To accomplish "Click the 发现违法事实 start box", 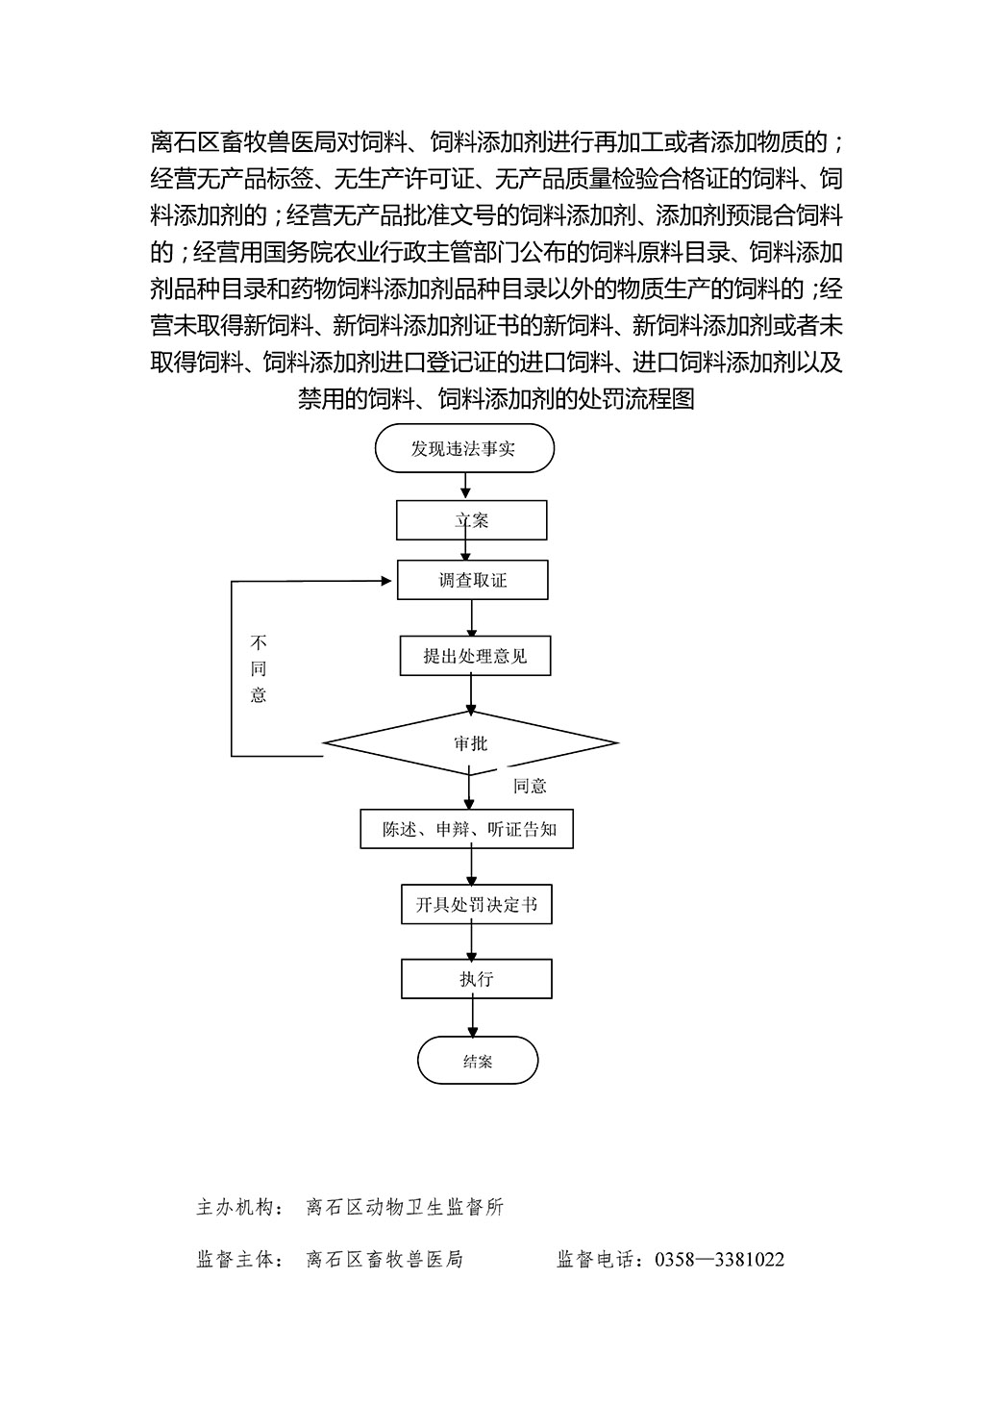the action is click(x=464, y=448).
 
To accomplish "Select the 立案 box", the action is click(x=471, y=520).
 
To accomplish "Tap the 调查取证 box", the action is click(x=472, y=580).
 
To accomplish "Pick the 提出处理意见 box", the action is click(x=475, y=656).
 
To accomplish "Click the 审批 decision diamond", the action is click(x=471, y=743).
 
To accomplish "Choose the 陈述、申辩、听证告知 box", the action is click(x=466, y=829).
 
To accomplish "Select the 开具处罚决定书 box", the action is click(x=477, y=905).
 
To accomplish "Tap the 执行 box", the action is click(x=477, y=978).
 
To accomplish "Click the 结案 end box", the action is click(x=478, y=1060).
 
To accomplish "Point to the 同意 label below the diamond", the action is click(x=530, y=786).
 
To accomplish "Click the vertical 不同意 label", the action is click(x=259, y=668).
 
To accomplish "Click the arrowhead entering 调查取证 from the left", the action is click(x=386, y=581).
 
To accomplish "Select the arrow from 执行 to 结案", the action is click(x=473, y=1017).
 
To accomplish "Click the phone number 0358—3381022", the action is click(x=720, y=1259).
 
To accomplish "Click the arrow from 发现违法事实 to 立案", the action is click(x=465, y=486).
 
